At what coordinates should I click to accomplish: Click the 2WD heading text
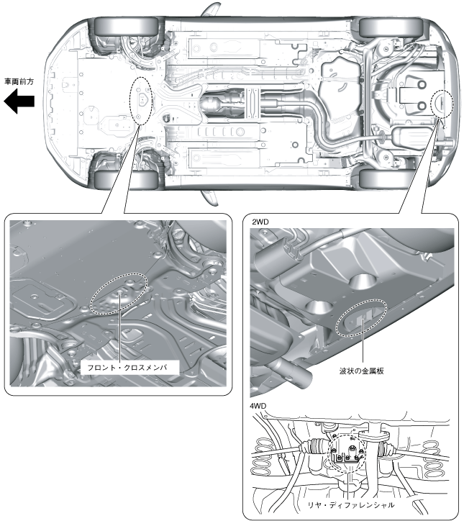(261, 223)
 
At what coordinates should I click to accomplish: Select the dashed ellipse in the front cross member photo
(118, 294)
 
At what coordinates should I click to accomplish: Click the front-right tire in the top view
(119, 27)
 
